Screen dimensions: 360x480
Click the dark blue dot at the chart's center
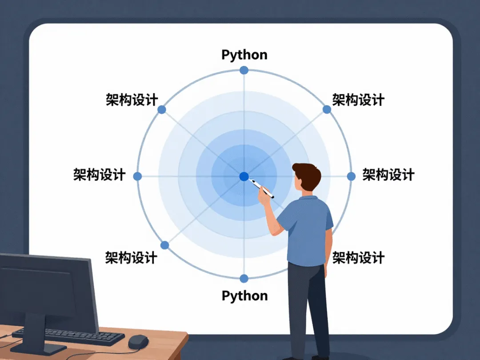[244, 176]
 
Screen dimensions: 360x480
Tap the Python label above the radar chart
[244, 55]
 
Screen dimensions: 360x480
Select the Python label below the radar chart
[244, 296]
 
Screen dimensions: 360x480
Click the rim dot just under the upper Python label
[244, 70]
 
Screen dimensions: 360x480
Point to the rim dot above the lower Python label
[244, 279]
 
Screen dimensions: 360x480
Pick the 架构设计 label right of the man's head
[388, 175]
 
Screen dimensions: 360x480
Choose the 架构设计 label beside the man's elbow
[358, 257]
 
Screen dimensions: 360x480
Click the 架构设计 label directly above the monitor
[131, 257]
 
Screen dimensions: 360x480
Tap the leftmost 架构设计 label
[99, 175]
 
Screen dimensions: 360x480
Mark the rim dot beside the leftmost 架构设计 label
[137, 176]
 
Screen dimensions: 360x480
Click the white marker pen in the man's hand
[262, 188]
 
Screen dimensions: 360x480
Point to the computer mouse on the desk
[138, 341]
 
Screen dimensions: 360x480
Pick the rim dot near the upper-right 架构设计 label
[327, 109]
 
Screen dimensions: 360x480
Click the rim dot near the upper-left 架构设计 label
[162, 109]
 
